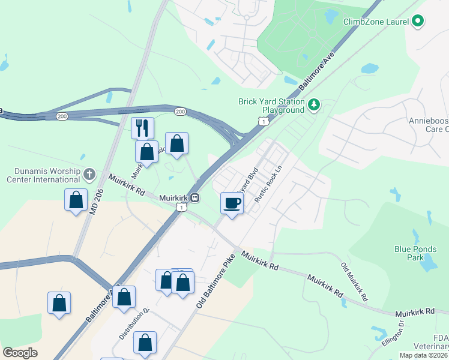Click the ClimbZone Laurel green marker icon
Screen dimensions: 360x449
(418, 22)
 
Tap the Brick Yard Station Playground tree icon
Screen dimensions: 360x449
(313, 106)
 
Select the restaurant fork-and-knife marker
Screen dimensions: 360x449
(142, 128)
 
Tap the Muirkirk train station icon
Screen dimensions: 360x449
(196, 197)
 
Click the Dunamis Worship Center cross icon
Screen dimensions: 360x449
(89, 175)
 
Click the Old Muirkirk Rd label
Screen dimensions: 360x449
(354, 281)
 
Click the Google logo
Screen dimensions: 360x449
(20, 353)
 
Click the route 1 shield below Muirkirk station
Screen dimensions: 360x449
(180, 207)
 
